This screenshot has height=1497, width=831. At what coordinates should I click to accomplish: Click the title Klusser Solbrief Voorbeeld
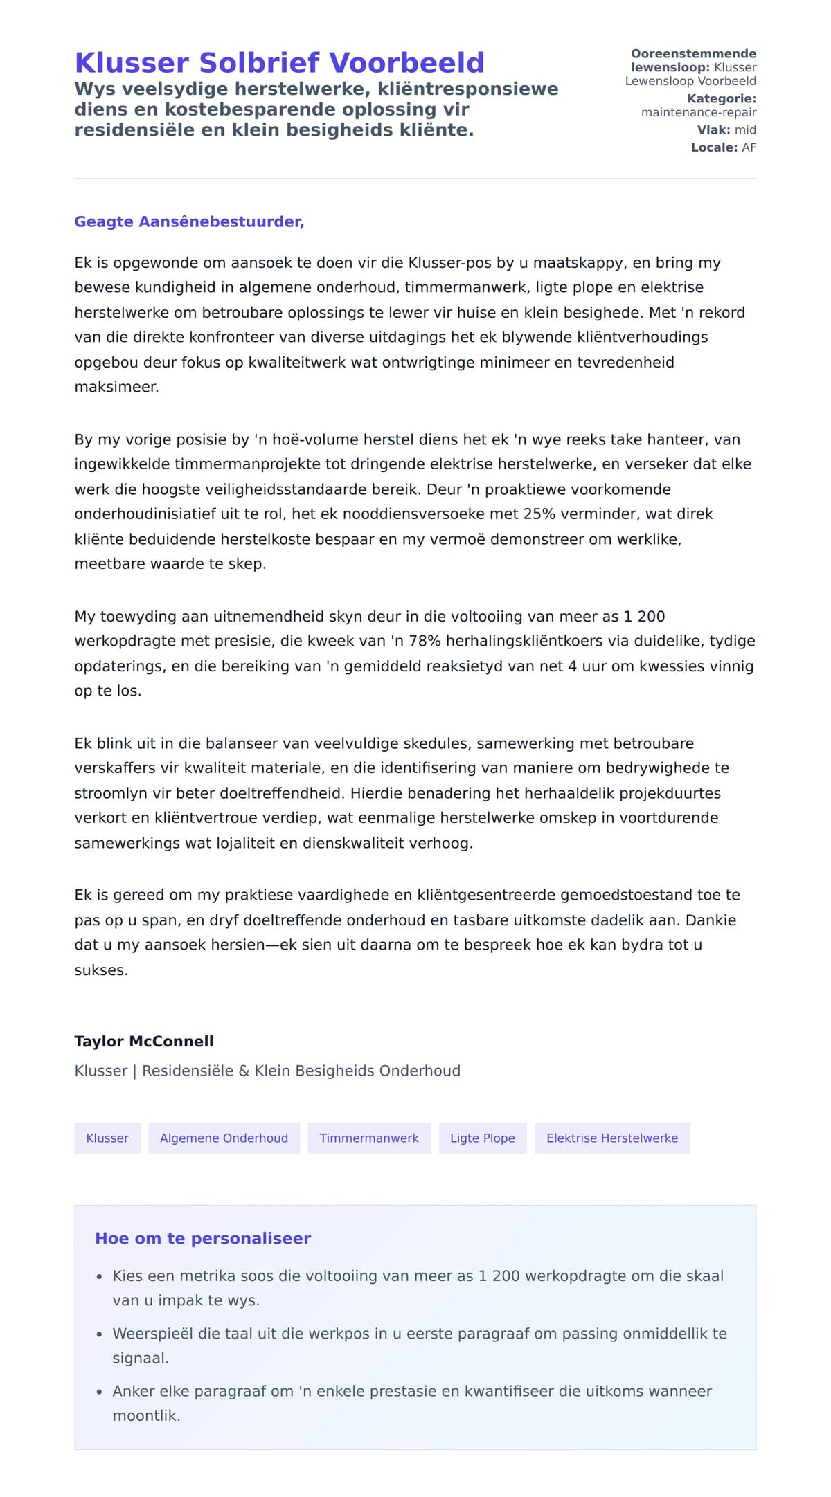(279, 62)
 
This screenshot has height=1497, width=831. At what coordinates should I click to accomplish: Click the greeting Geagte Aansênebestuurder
(189, 221)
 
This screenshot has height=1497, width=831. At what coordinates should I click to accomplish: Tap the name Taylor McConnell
(144, 1041)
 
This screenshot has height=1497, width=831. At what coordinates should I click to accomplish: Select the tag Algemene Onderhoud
(224, 1138)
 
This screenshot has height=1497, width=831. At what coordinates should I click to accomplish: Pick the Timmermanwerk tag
(369, 1138)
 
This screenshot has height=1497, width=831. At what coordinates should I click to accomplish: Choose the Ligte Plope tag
(482, 1138)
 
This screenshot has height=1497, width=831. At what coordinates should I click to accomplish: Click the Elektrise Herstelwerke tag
(612, 1138)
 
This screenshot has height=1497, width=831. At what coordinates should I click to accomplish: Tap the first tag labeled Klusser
(107, 1138)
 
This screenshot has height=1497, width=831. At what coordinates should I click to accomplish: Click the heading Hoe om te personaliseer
(203, 1238)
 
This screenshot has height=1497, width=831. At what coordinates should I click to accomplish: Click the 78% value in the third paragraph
(425, 641)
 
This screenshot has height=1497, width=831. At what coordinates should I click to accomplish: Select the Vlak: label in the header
(713, 129)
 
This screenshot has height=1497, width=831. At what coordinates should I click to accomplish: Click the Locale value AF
(749, 147)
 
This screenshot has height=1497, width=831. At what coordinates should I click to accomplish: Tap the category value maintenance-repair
(698, 112)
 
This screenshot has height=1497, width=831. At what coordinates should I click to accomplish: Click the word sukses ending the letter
(101, 970)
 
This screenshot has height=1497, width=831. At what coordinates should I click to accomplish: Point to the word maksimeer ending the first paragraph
(116, 387)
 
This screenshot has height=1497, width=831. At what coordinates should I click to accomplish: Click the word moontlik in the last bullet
(146, 1415)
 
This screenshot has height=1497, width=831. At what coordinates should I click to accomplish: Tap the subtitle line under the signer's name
(267, 1071)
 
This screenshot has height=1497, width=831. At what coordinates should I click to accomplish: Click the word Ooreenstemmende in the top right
(693, 53)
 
